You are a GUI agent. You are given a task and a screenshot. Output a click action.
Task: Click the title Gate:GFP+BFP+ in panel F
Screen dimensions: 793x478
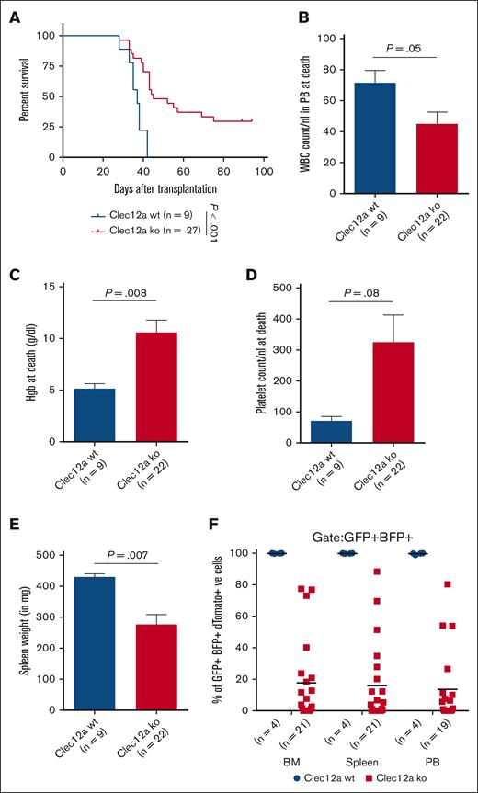click(358, 533)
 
